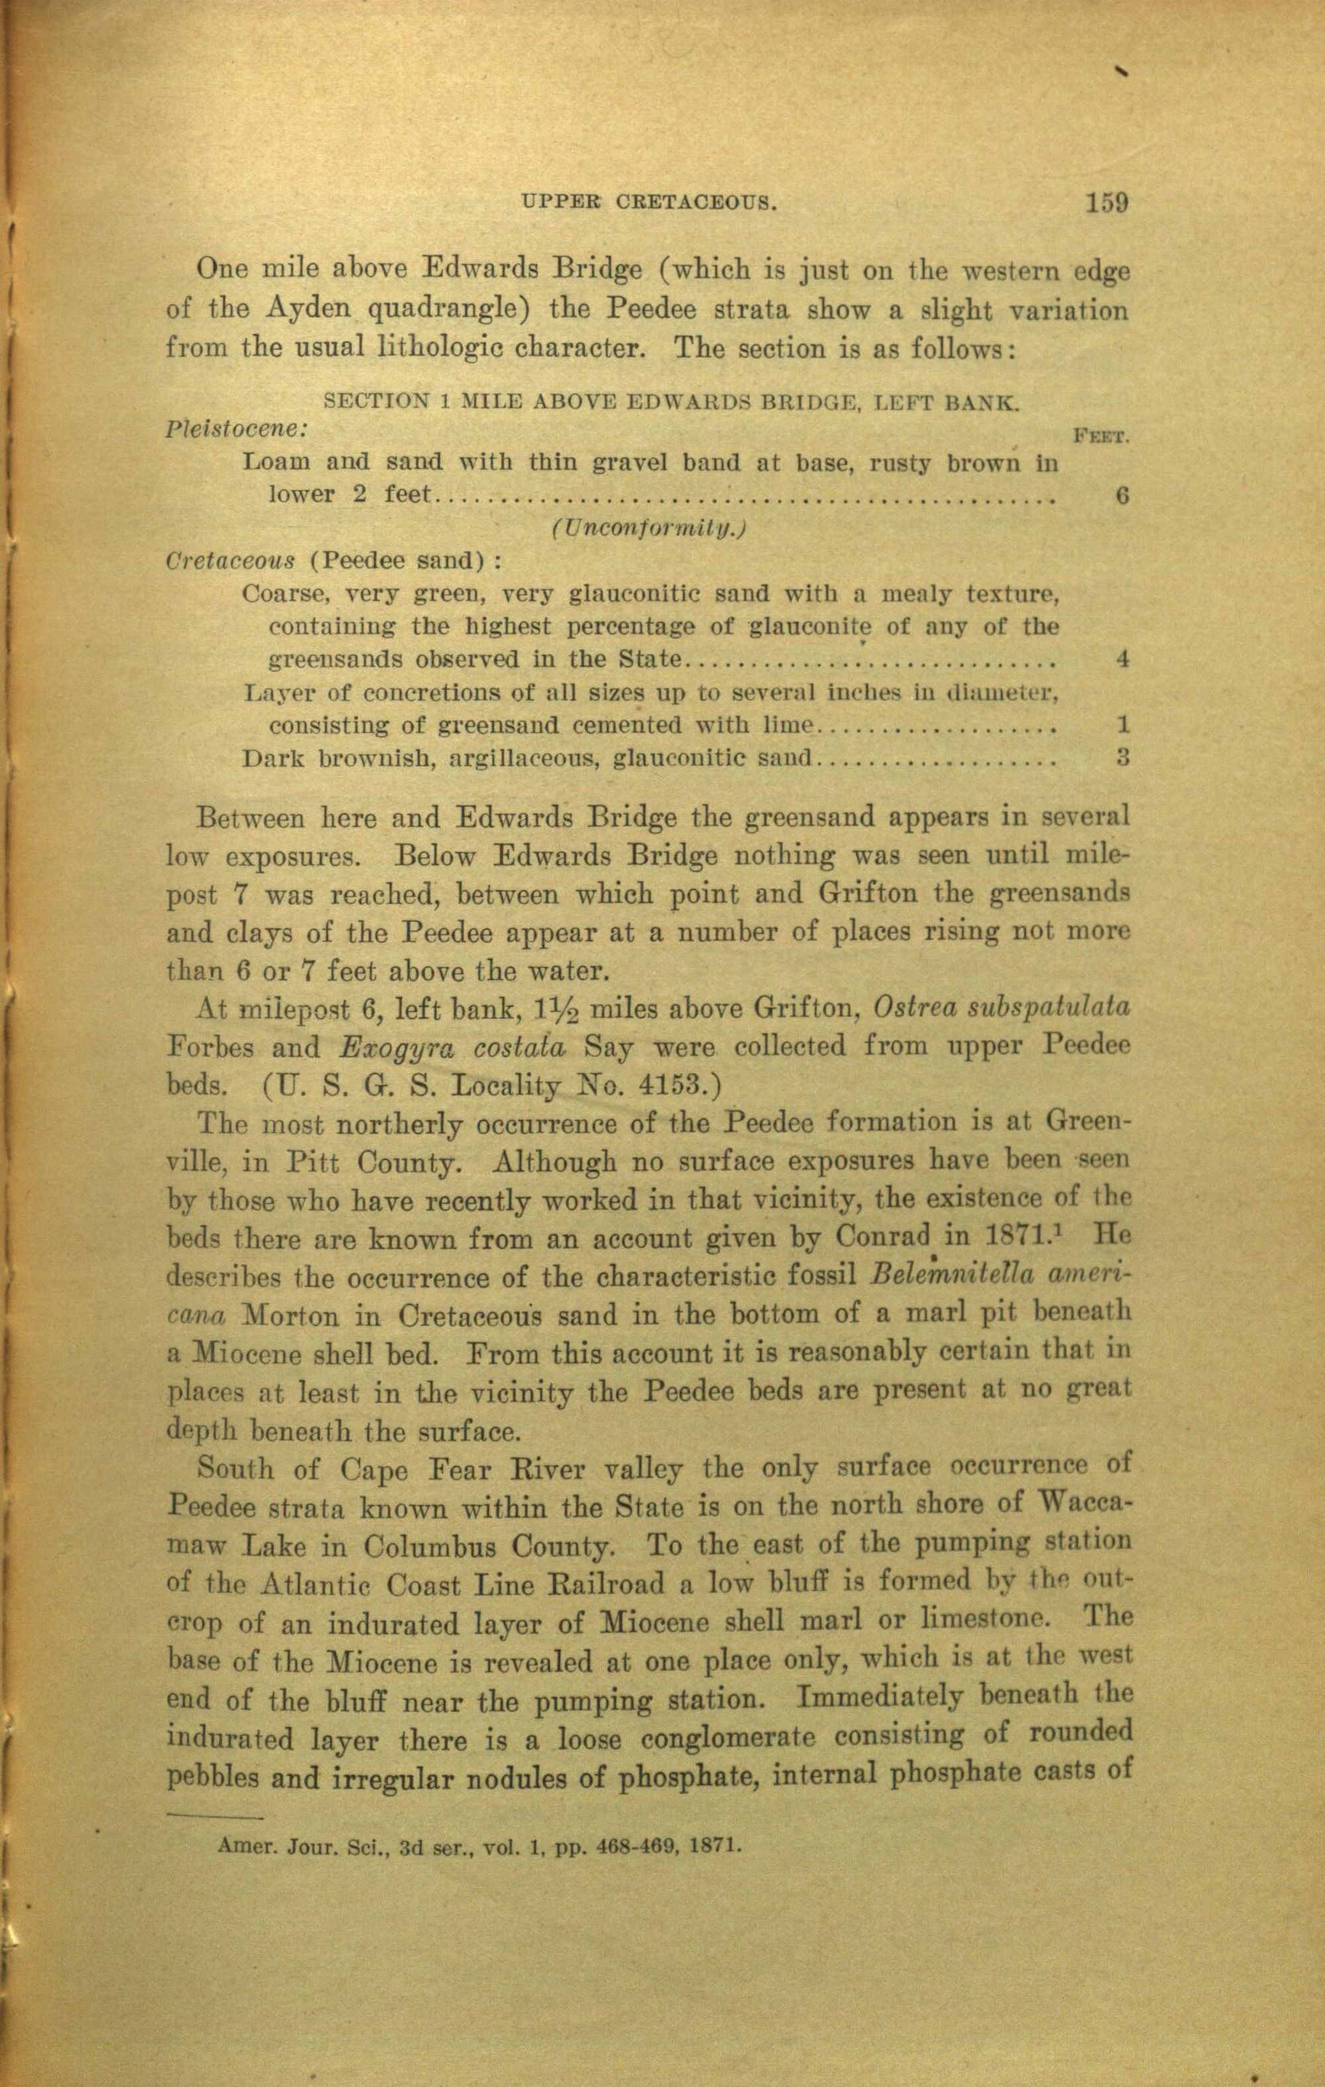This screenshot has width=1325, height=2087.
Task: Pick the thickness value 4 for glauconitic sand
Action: (1122, 659)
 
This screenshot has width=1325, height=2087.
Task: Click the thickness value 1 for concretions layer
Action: (1122, 724)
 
